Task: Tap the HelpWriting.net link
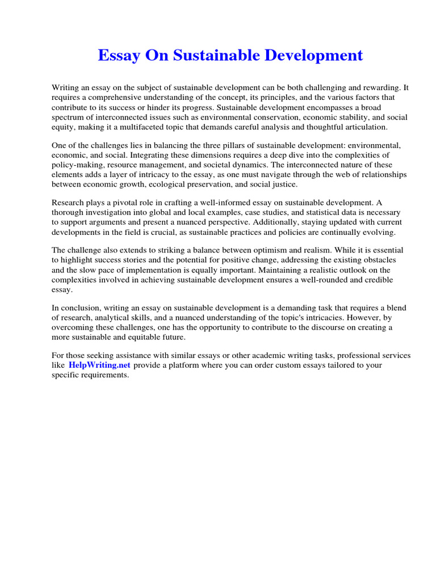point(99,365)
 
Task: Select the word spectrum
point(69,117)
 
